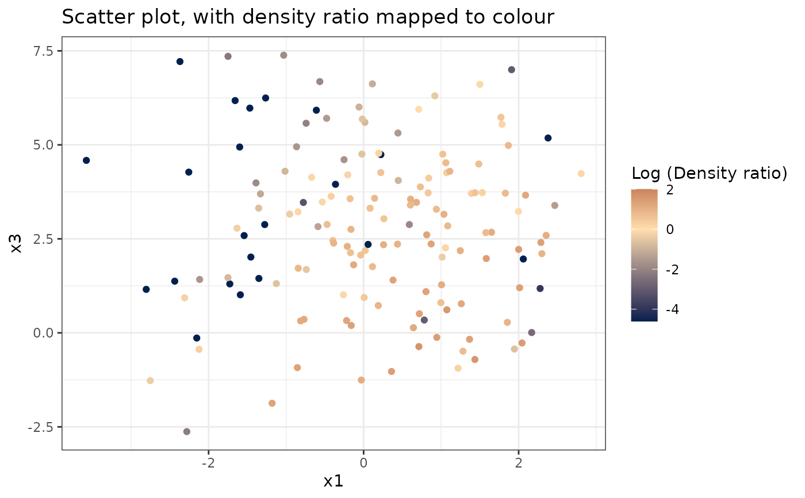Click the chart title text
(308, 17)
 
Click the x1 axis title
(333, 481)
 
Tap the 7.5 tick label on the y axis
(42, 51)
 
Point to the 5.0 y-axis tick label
(42, 145)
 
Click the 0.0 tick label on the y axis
(42, 333)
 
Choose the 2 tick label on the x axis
(518, 463)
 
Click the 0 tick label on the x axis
(363, 463)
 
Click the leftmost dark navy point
(86, 160)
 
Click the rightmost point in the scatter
(581, 174)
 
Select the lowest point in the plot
(186, 432)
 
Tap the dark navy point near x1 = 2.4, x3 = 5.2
(548, 138)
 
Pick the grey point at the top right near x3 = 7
(511, 70)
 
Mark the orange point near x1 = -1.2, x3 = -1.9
(272, 404)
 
